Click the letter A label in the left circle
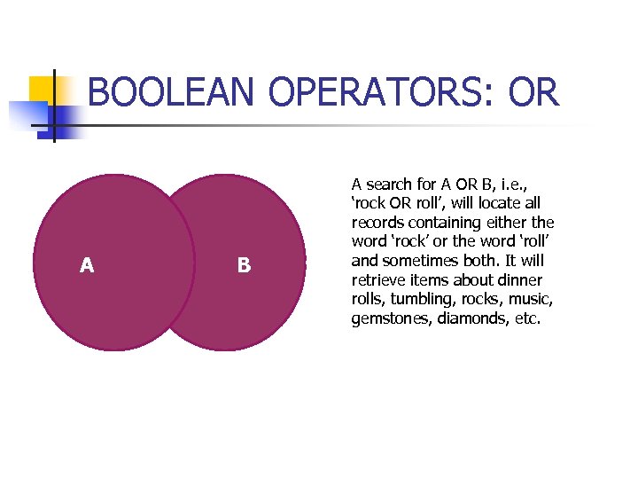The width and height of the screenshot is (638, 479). pyautogui.click(x=87, y=265)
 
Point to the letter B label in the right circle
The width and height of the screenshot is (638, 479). pyautogui.click(x=244, y=265)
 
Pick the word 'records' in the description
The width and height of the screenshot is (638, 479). pyautogui.click(x=378, y=223)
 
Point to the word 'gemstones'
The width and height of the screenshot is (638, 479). pyautogui.click(x=388, y=319)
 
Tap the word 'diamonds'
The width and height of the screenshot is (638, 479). pyautogui.click(x=469, y=319)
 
